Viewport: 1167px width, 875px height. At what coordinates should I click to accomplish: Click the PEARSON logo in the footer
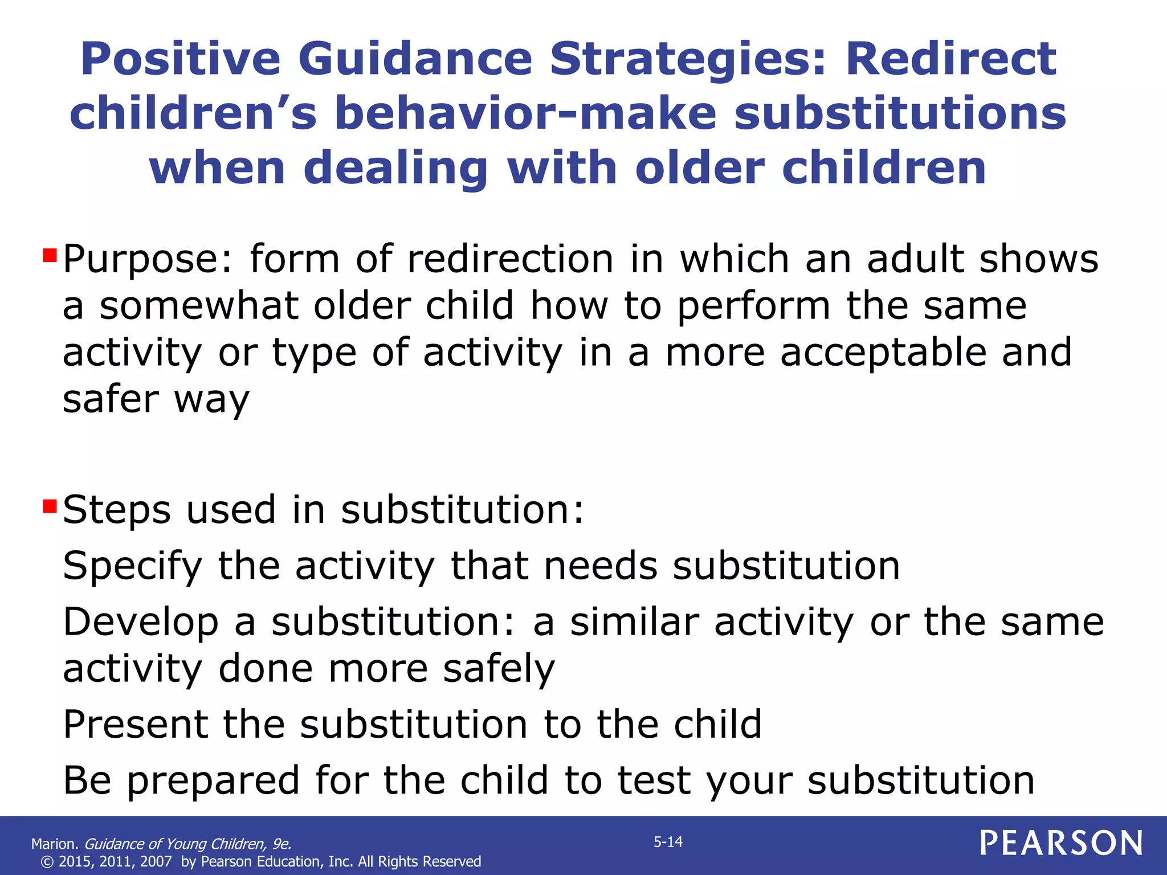tap(1061, 843)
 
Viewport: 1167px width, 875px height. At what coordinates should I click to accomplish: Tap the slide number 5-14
tap(668, 842)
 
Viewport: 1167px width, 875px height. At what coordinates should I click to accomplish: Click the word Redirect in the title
tap(950, 59)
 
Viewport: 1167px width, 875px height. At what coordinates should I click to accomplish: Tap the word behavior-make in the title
tap(525, 113)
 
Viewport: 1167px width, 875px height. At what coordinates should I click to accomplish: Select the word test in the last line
tap(654, 780)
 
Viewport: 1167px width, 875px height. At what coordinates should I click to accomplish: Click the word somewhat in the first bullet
tap(199, 306)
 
